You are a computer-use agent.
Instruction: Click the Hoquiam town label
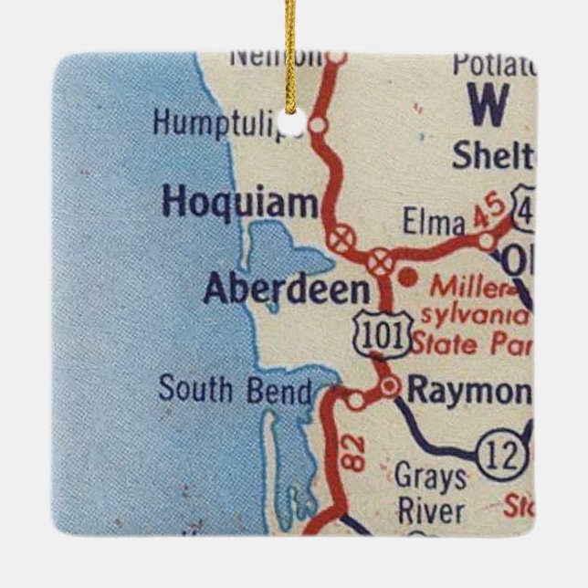coord(238,204)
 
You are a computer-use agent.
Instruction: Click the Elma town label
coord(426,222)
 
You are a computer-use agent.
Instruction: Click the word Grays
coord(430,478)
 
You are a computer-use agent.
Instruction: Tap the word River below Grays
coord(429,510)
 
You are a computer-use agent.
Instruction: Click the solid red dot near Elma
coord(408,275)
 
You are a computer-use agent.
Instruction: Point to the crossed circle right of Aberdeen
coord(379,263)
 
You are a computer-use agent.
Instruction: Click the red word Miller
coord(467,288)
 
